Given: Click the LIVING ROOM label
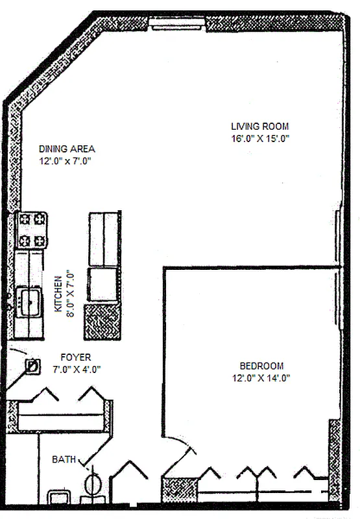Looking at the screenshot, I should coord(260,127).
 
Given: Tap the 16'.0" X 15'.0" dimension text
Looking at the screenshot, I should coord(260,138).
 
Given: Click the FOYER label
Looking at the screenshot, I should coord(76,357).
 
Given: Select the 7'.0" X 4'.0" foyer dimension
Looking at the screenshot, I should coord(77,369).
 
